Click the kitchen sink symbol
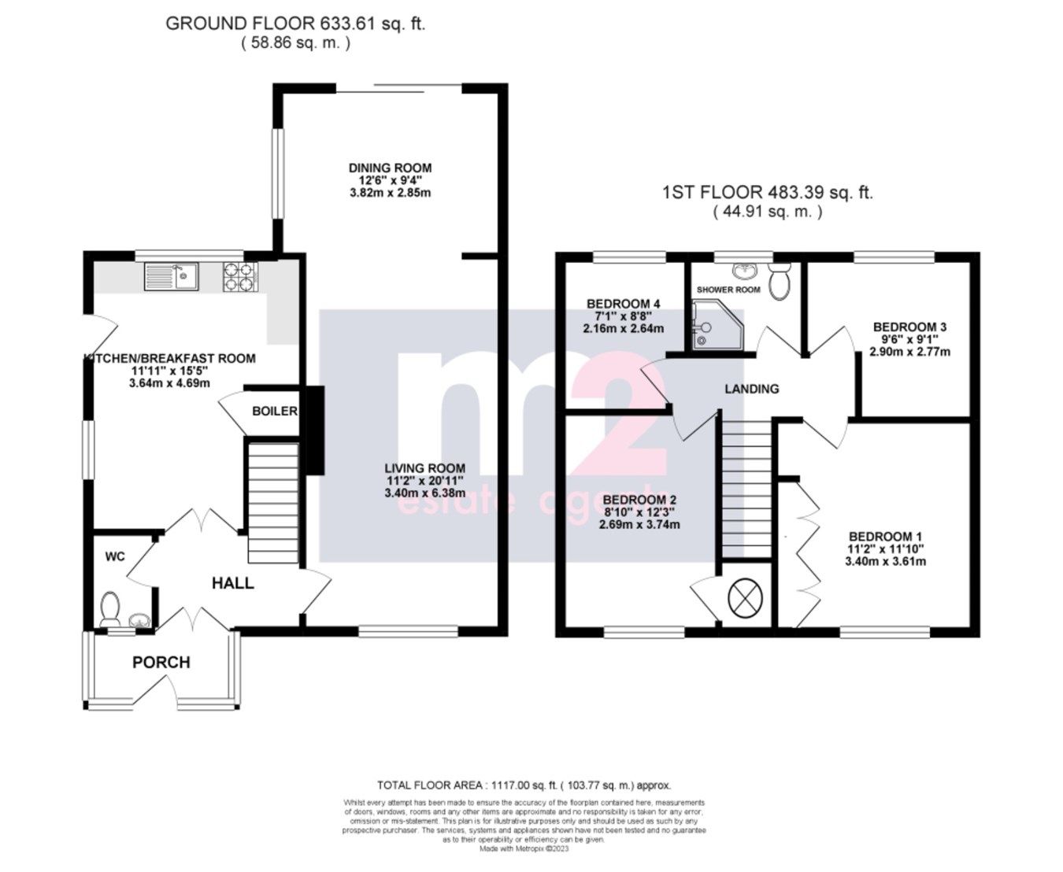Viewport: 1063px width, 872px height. (172, 276)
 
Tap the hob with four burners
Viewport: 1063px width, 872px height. (240, 276)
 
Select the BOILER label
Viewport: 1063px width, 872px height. (274, 411)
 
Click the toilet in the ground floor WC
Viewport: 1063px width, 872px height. (109, 608)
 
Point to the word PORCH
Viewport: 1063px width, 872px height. (161, 663)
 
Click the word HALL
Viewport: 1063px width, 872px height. (233, 583)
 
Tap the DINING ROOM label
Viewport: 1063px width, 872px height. (390, 168)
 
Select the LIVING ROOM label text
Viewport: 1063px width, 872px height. (424, 468)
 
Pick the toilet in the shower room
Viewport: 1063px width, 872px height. (780, 283)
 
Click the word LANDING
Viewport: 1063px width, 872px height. (752, 389)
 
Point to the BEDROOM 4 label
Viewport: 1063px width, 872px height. (623, 304)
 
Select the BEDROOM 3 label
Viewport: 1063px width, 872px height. (909, 327)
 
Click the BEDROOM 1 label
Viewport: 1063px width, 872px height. (885, 537)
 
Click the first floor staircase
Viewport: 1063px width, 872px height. (746, 488)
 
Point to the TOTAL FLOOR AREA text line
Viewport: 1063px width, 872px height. (524, 785)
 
